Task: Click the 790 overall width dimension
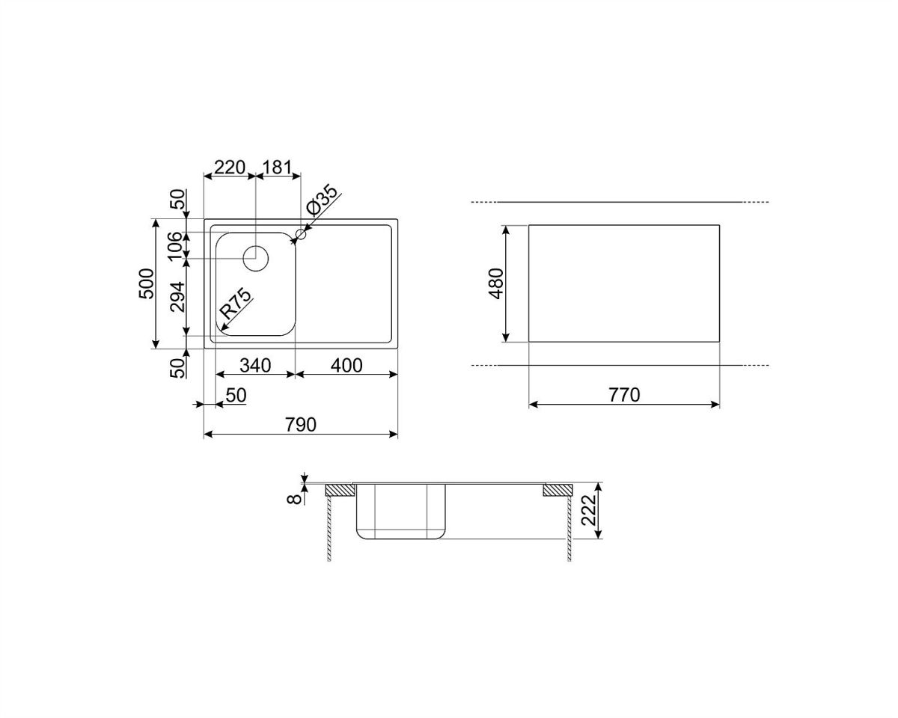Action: click(x=300, y=425)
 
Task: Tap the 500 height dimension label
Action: click(x=147, y=283)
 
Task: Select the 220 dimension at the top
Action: click(x=230, y=168)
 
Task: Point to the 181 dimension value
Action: click(x=277, y=168)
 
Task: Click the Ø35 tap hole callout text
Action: click(x=321, y=200)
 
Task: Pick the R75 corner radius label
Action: click(x=235, y=304)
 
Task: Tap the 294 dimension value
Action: click(x=177, y=297)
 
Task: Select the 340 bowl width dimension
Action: click(x=255, y=366)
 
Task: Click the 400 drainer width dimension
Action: click(x=346, y=366)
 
